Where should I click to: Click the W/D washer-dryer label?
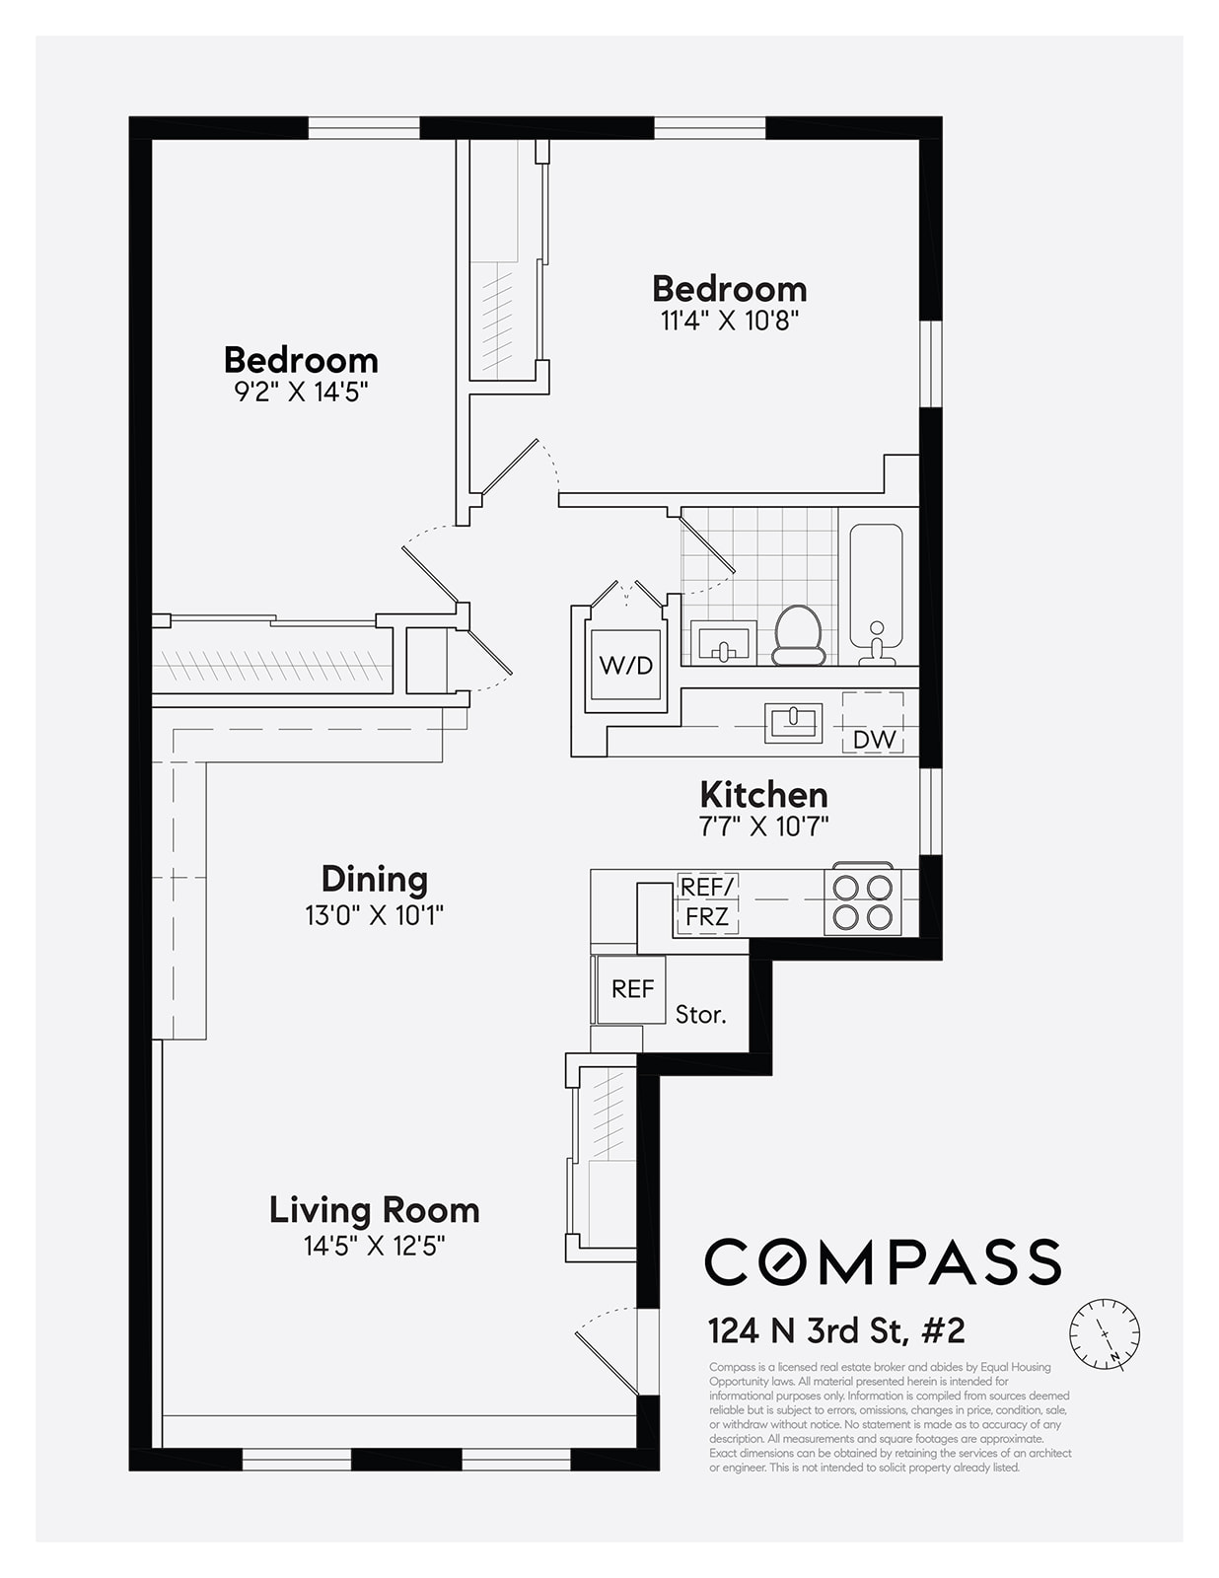[625, 665]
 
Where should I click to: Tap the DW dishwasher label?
[874, 740]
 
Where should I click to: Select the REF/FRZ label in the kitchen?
[707, 902]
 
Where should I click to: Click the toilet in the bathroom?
[798, 635]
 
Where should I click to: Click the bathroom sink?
[723, 643]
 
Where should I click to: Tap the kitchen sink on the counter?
[793, 723]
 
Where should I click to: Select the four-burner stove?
[863, 901]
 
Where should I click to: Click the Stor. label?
[700, 1015]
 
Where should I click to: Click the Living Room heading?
[375, 1210]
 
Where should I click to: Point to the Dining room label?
[375, 879]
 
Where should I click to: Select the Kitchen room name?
[763, 795]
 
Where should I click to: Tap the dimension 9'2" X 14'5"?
[302, 393]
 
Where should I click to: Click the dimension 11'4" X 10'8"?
[730, 321]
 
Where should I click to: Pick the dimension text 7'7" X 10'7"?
[763, 826]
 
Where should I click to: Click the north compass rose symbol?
[1105, 1333]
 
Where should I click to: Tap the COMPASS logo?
[883, 1262]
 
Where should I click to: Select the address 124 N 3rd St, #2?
[836, 1331]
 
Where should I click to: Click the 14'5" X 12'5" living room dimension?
[375, 1247]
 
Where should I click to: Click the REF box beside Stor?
[630, 989]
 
